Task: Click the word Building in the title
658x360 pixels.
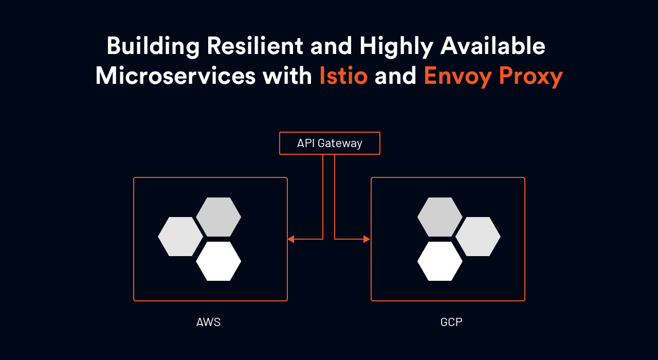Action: [153, 46]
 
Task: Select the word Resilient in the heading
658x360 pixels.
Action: [255, 46]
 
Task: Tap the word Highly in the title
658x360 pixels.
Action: [396, 46]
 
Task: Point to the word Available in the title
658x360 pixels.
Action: [492, 46]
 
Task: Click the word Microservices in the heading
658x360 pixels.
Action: [175, 76]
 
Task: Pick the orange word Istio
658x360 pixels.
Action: [343, 76]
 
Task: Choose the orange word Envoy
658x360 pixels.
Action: [458, 77]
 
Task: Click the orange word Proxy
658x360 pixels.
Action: [531, 77]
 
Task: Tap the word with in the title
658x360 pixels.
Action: [287, 76]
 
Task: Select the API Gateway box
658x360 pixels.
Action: [330, 143]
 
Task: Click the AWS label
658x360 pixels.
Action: [208, 322]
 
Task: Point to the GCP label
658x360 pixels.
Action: [451, 322]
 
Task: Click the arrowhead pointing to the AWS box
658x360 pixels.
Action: [291, 239]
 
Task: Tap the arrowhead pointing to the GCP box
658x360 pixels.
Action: [367, 239]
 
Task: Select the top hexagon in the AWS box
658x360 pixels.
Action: [218, 217]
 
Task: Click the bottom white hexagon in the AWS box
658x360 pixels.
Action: [218, 261]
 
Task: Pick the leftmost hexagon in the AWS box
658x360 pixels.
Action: [180, 237]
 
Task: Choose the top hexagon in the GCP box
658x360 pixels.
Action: [440, 217]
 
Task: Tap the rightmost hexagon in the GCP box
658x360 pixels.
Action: [478, 237]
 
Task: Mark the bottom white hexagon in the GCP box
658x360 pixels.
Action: [440, 261]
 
